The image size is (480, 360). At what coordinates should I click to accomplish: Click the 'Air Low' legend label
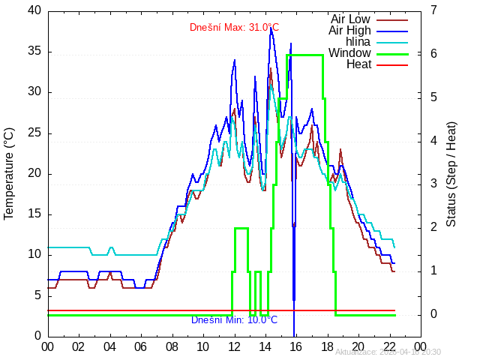[x=350, y=19]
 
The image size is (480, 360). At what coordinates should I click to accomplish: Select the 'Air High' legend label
[x=349, y=30]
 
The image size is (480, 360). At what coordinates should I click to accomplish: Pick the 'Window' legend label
[x=349, y=53]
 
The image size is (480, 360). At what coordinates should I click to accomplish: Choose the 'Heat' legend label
[x=358, y=64]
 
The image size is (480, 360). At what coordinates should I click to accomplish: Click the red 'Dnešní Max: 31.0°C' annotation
[x=234, y=28]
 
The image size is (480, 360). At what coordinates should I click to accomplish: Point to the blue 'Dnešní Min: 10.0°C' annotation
[x=234, y=320]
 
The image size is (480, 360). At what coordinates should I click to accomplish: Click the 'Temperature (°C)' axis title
[x=10, y=173]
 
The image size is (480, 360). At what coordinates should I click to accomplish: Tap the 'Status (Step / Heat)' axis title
[x=451, y=173]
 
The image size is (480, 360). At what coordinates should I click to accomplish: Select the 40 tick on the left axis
[x=34, y=10]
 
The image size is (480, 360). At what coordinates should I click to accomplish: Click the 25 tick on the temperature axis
[x=34, y=133]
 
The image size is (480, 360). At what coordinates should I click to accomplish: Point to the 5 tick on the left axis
[x=37, y=295]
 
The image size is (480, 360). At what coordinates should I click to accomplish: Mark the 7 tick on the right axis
[x=434, y=10]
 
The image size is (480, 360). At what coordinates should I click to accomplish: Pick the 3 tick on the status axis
[x=434, y=184]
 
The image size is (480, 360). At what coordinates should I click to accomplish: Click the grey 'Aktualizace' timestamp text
[x=388, y=352]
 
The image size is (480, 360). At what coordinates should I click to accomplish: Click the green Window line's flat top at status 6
[x=305, y=55]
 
